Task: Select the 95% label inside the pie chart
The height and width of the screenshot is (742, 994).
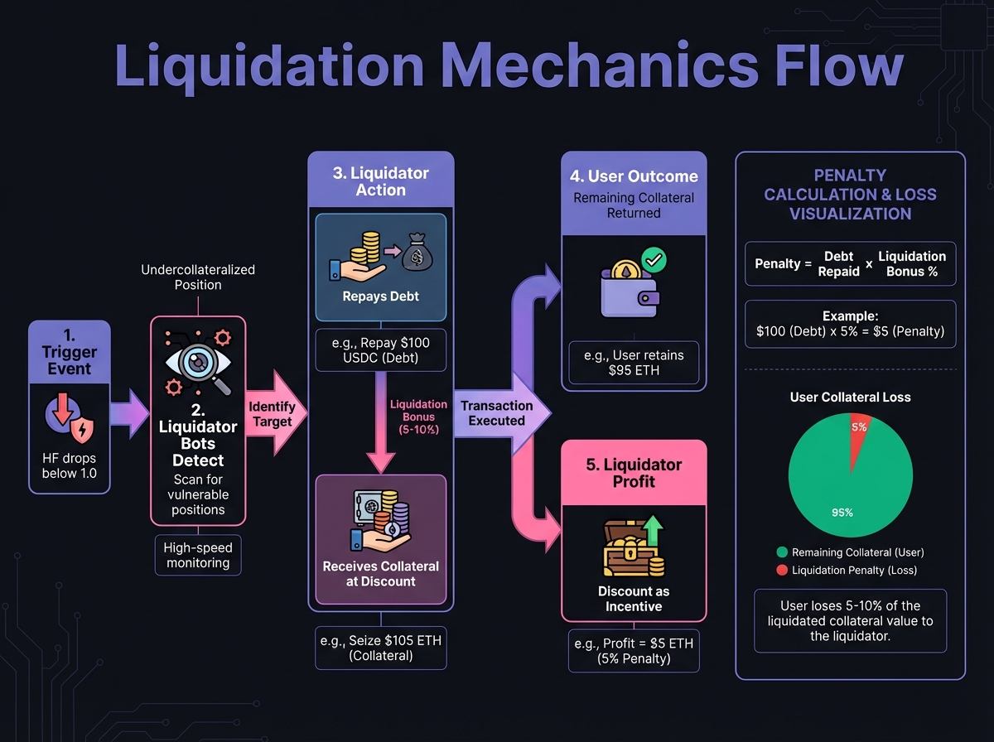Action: pyautogui.click(x=842, y=512)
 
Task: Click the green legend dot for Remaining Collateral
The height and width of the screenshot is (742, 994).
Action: pyautogui.click(x=781, y=552)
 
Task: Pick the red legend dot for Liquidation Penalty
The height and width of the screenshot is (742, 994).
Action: pyautogui.click(x=781, y=571)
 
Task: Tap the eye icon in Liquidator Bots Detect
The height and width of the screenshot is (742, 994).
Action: pyautogui.click(x=197, y=362)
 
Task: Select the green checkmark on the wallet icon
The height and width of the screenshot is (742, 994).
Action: pyautogui.click(x=654, y=260)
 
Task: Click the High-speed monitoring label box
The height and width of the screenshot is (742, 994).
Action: pyautogui.click(x=198, y=555)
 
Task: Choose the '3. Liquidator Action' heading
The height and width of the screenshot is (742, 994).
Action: pyautogui.click(x=381, y=181)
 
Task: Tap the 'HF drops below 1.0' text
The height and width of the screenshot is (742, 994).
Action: pyautogui.click(x=70, y=465)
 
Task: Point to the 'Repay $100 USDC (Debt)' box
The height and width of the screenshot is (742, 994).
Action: pyautogui.click(x=380, y=349)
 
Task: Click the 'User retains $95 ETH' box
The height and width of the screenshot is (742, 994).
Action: pyautogui.click(x=634, y=362)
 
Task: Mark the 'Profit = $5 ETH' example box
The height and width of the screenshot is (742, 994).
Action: pyautogui.click(x=634, y=651)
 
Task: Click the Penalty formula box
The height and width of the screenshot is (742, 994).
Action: pyautogui.click(x=850, y=264)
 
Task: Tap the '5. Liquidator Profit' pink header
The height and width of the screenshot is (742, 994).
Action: pyautogui.click(x=634, y=473)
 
